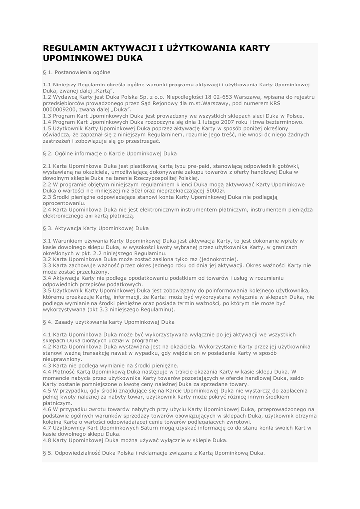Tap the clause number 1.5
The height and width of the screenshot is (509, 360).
47,128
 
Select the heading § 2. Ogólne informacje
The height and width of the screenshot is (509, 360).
109,154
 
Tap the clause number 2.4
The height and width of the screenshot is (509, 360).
47,210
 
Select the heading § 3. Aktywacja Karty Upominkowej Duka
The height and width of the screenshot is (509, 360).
95,229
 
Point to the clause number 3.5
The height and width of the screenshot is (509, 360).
47,290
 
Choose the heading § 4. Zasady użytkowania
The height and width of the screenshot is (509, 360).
108,322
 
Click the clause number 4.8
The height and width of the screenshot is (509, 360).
47,440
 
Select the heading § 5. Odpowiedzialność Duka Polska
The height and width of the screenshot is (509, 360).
154,453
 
